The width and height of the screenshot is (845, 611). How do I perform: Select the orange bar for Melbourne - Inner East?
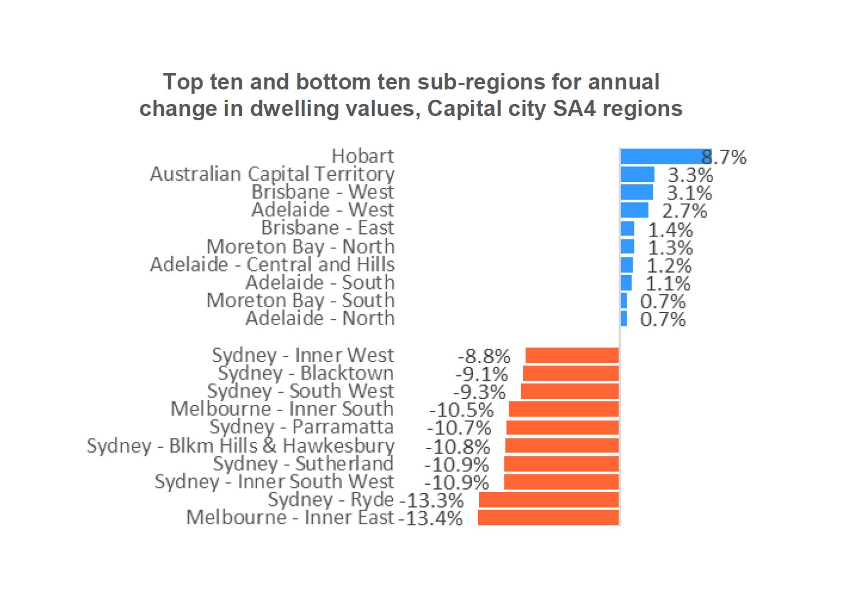pyautogui.click(x=548, y=518)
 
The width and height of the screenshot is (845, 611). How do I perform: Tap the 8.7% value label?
pyautogui.click(x=724, y=158)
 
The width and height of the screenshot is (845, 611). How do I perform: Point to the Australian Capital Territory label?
pyautogui.click(x=272, y=174)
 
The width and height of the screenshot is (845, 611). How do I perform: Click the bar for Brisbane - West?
pyautogui.click(x=637, y=192)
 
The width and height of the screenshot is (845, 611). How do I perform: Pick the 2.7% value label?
pyautogui.click(x=685, y=211)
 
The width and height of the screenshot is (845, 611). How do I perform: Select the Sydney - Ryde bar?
pyautogui.click(x=549, y=500)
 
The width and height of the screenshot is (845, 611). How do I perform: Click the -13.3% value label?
pyautogui.click(x=431, y=500)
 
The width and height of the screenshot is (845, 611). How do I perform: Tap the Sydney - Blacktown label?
pyautogui.click(x=305, y=373)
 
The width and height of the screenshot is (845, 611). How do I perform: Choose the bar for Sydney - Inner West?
pyautogui.click(x=572, y=355)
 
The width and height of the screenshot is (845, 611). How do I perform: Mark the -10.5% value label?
pyautogui.click(x=462, y=410)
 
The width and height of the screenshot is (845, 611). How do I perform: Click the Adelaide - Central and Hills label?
pyautogui.click(x=272, y=265)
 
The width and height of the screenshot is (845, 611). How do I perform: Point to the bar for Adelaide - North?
pyautogui.click(x=624, y=318)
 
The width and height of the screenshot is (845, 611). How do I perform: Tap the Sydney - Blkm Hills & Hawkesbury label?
pyautogui.click(x=241, y=446)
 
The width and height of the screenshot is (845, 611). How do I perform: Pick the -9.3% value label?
pyautogui.click(x=480, y=392)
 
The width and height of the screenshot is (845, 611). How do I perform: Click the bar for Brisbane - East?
pyautogui.click(x=627, y=228)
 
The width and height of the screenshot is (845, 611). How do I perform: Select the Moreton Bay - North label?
pyautogui.click(x=301, y=247)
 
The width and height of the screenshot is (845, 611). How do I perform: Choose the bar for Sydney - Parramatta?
pyautogui.click(x=562, y=428)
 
